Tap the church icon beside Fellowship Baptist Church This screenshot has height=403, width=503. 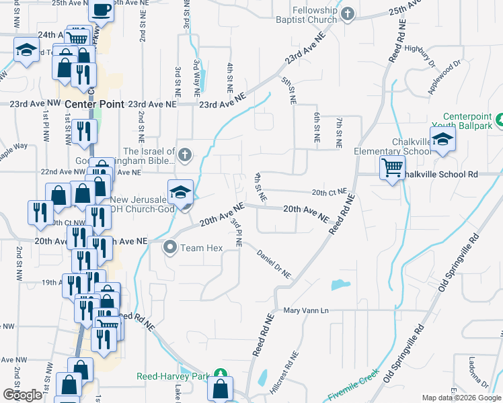tap(348, 14)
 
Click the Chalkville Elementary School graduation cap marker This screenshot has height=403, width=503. tap(443, 140)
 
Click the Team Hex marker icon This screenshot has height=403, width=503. tap(170, 248)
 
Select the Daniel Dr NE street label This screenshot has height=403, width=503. tap(274, 264)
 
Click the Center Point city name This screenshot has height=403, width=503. tap(95, 104)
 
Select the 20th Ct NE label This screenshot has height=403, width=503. tap(330, 192)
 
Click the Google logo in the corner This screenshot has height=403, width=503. tap(22, 394)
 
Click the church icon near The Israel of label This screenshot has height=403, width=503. tap(186, 156)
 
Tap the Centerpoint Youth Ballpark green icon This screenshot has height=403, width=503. tap(499, 120)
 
